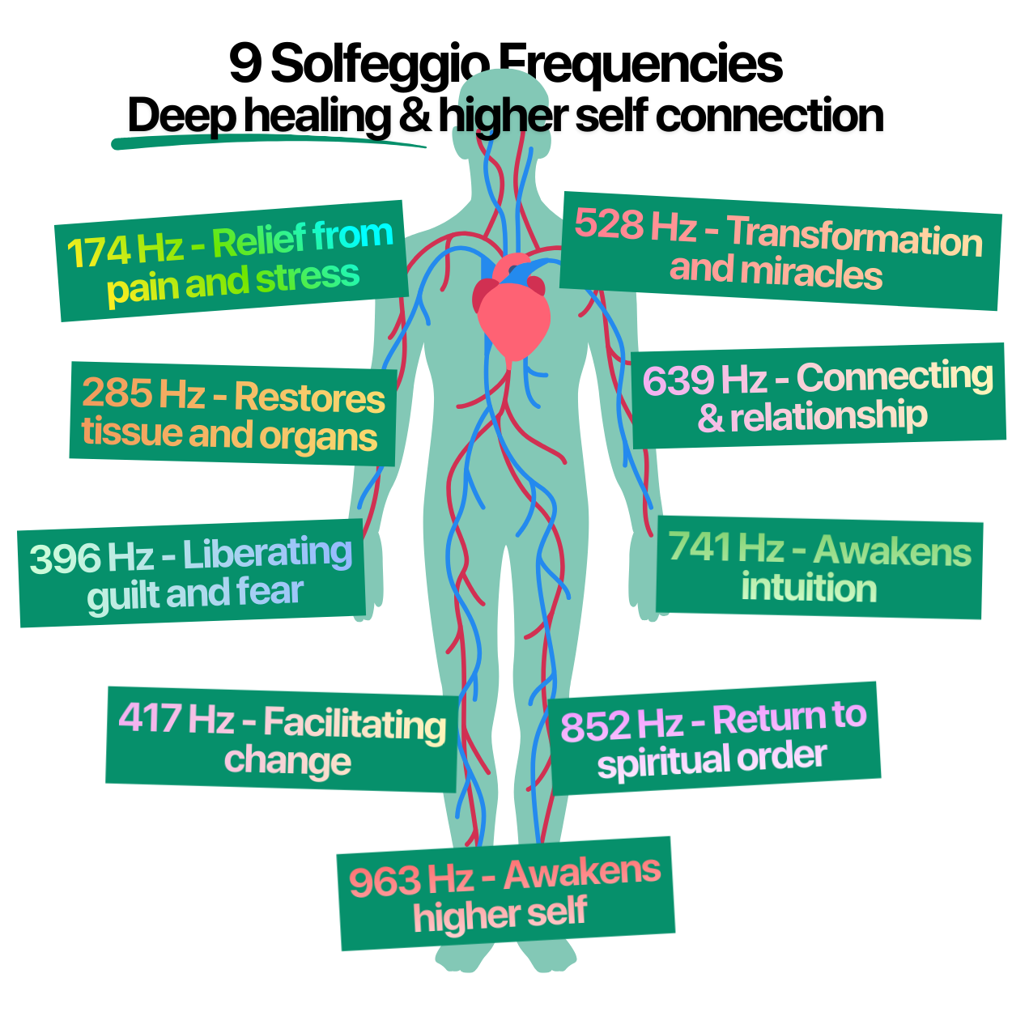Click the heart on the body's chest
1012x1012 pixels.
[x=511, y=310]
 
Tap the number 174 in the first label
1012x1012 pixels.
[x=99, y=252]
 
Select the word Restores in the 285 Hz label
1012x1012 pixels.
[x=309, y=398]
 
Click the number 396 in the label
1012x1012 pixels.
[x=64, y=559]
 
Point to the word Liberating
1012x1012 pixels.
[x=267, y=554]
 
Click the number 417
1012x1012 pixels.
[x=151, y=717]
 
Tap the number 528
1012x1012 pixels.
[x=609, y=223]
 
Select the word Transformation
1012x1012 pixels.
[x=854, y=237]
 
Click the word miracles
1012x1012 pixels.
[x=812, y=274]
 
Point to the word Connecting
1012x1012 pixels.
[x=895, y=376]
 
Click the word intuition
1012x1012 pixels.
[x=809, y=587]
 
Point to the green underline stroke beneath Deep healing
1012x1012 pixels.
[x=268, y=140]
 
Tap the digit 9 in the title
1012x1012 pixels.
[x=245, y=64]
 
